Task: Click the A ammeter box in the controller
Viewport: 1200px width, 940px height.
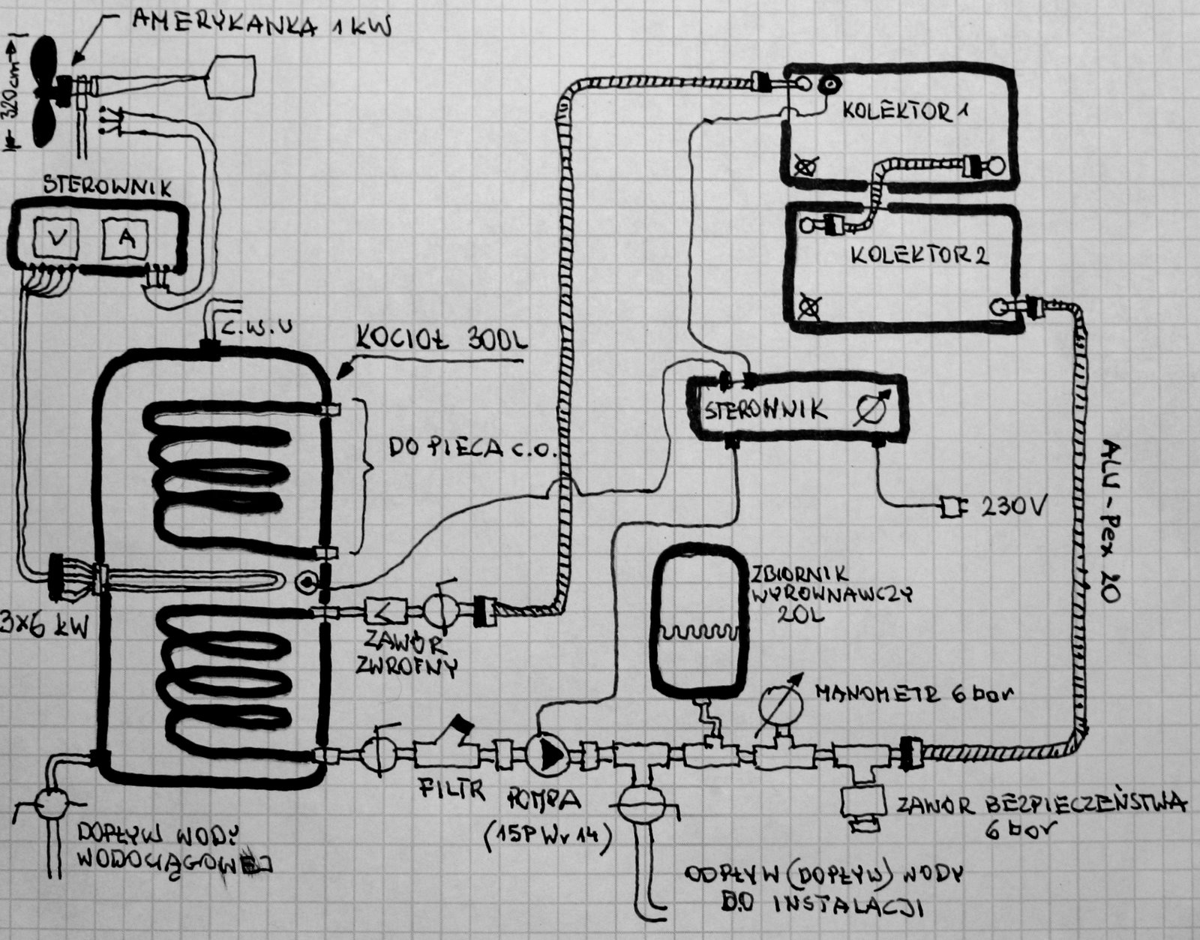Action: point(125,239)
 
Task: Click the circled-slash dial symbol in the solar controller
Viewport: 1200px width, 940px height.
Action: point(873,407)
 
